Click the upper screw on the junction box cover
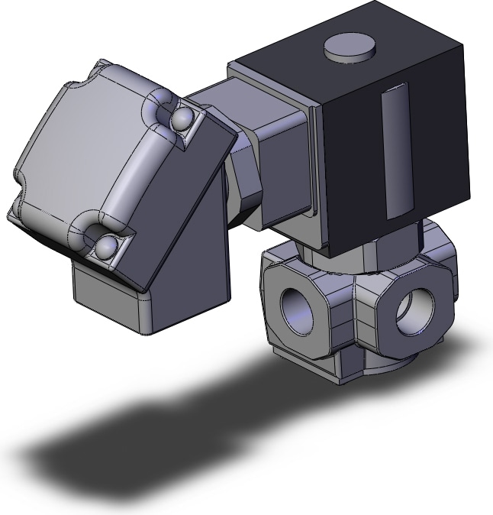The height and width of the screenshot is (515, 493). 182,117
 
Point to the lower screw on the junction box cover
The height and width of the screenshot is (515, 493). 104,246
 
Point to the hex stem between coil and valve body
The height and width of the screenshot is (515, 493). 397,237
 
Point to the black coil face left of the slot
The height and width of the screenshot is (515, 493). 351,153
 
